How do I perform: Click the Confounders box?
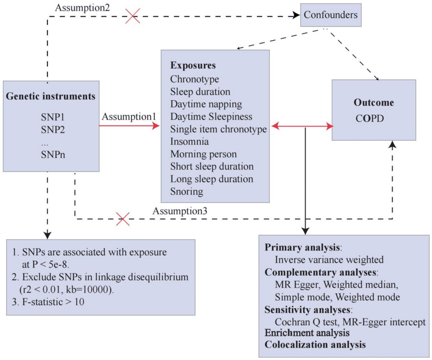(x=331, y=15)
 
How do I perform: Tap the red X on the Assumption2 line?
(x=132, y=16)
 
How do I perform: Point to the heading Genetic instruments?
(x=51, y=96)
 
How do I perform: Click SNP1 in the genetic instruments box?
(x=52, y=118)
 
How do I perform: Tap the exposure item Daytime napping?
(x=200, y=104)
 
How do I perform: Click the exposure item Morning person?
(x=203, y=154)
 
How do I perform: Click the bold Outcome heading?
(x=373, y=103)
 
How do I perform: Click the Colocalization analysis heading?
(x=315, y=344)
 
